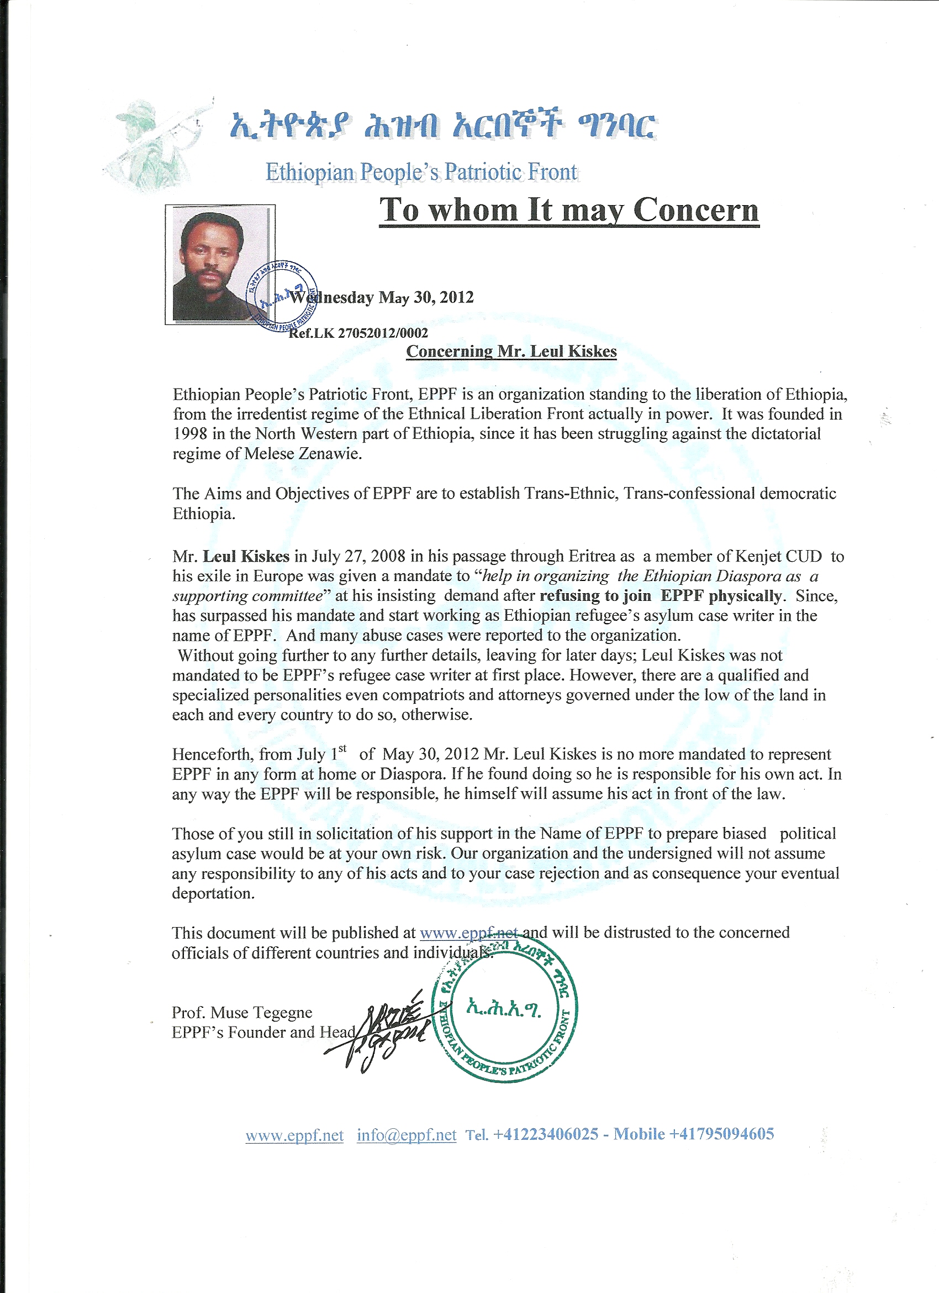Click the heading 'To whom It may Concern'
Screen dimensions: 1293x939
click(568, 210)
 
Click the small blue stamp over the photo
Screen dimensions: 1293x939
click(282, 295)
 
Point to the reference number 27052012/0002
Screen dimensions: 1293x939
click(383, 333)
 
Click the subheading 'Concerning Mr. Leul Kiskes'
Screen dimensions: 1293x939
click(511, 351)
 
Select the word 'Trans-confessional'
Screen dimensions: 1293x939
click(689, 493)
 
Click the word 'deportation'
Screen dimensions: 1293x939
click(213, 893)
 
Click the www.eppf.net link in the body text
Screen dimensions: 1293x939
click(468, 933)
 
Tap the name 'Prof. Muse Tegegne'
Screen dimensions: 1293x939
click(242, 1013)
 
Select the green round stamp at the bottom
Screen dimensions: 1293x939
click(504, 1013)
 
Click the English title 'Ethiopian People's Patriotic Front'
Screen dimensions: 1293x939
click(421, 171)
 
